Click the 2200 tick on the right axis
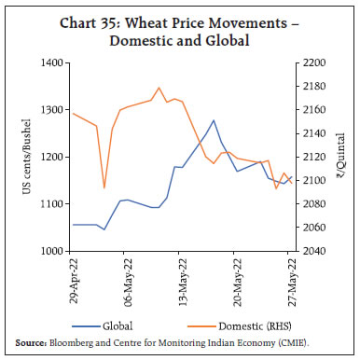(x=312, y=62)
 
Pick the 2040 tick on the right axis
(x=312, y=251)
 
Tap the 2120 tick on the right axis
(x=312, y=157)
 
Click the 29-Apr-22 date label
(x=73, y=284)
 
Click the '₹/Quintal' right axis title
(x=342, y=157)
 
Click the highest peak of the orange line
(x=159, y=88)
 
